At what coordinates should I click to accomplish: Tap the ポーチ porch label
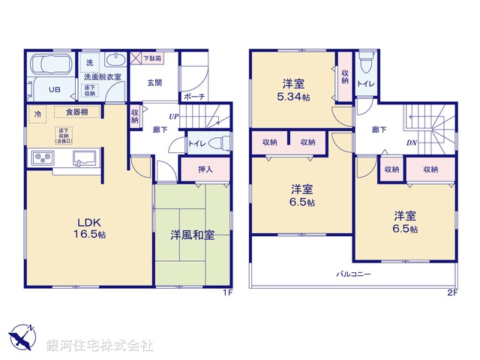click(x=193, y=97)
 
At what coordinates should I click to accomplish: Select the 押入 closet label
click(x=205, y=169)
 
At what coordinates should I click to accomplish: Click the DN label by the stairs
click(x=412, y=142)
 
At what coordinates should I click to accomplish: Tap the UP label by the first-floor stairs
click(x=173, y=116)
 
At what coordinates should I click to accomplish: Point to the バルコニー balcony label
click(x=353, y=274)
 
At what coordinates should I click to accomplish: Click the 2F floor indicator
click(x=452, y=293)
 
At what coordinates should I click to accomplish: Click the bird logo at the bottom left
click(x=23, y=337)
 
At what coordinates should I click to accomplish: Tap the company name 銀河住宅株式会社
click(x=100, y=346)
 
